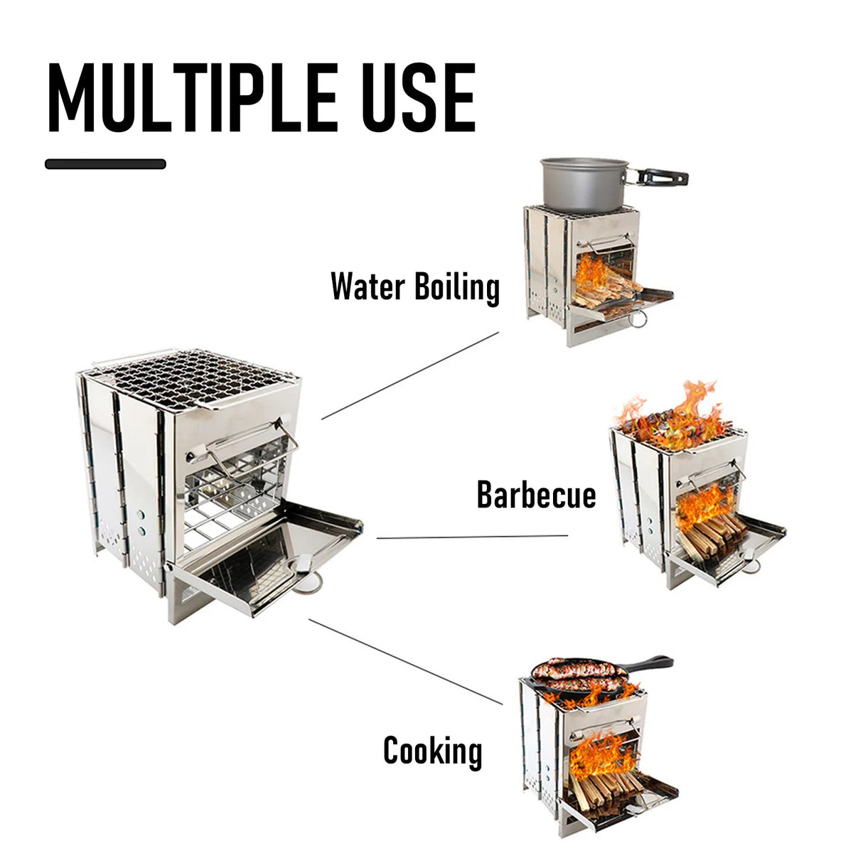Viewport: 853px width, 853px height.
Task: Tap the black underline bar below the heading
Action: coord(105,163)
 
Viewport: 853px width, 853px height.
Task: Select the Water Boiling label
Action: coord(415,288)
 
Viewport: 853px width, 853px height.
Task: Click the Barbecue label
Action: coord(536,495)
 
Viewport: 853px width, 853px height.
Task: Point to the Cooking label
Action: coord(432,751)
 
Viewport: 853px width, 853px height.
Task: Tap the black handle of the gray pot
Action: coord(661,176)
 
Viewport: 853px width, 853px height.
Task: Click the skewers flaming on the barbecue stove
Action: coord(675,423)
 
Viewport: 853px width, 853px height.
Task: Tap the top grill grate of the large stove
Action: coord(192,377)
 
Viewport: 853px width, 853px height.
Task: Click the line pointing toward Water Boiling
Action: coord(410,375)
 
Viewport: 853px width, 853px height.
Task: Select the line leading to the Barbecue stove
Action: coord(472,537)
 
